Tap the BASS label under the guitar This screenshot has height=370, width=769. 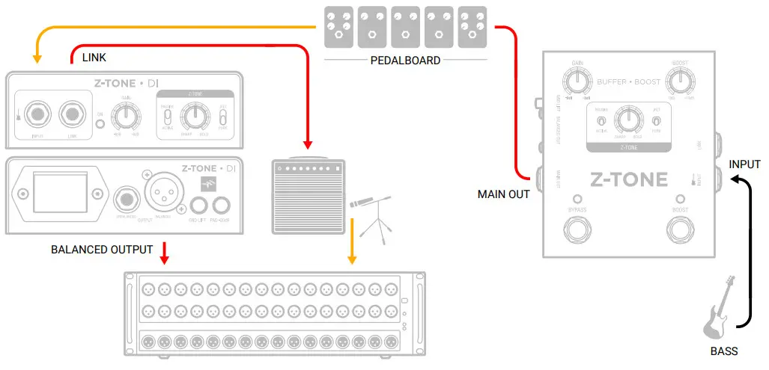click(x=724, y=351)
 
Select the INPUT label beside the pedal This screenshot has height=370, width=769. click(x=744, y=164)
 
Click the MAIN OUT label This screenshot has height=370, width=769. click(x=504, y=194)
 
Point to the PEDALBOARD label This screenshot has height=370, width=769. click(x=405, y=61)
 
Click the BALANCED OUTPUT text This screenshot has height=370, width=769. click(x=102, y=249)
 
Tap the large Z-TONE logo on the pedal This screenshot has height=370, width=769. click(x=629, y=180)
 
